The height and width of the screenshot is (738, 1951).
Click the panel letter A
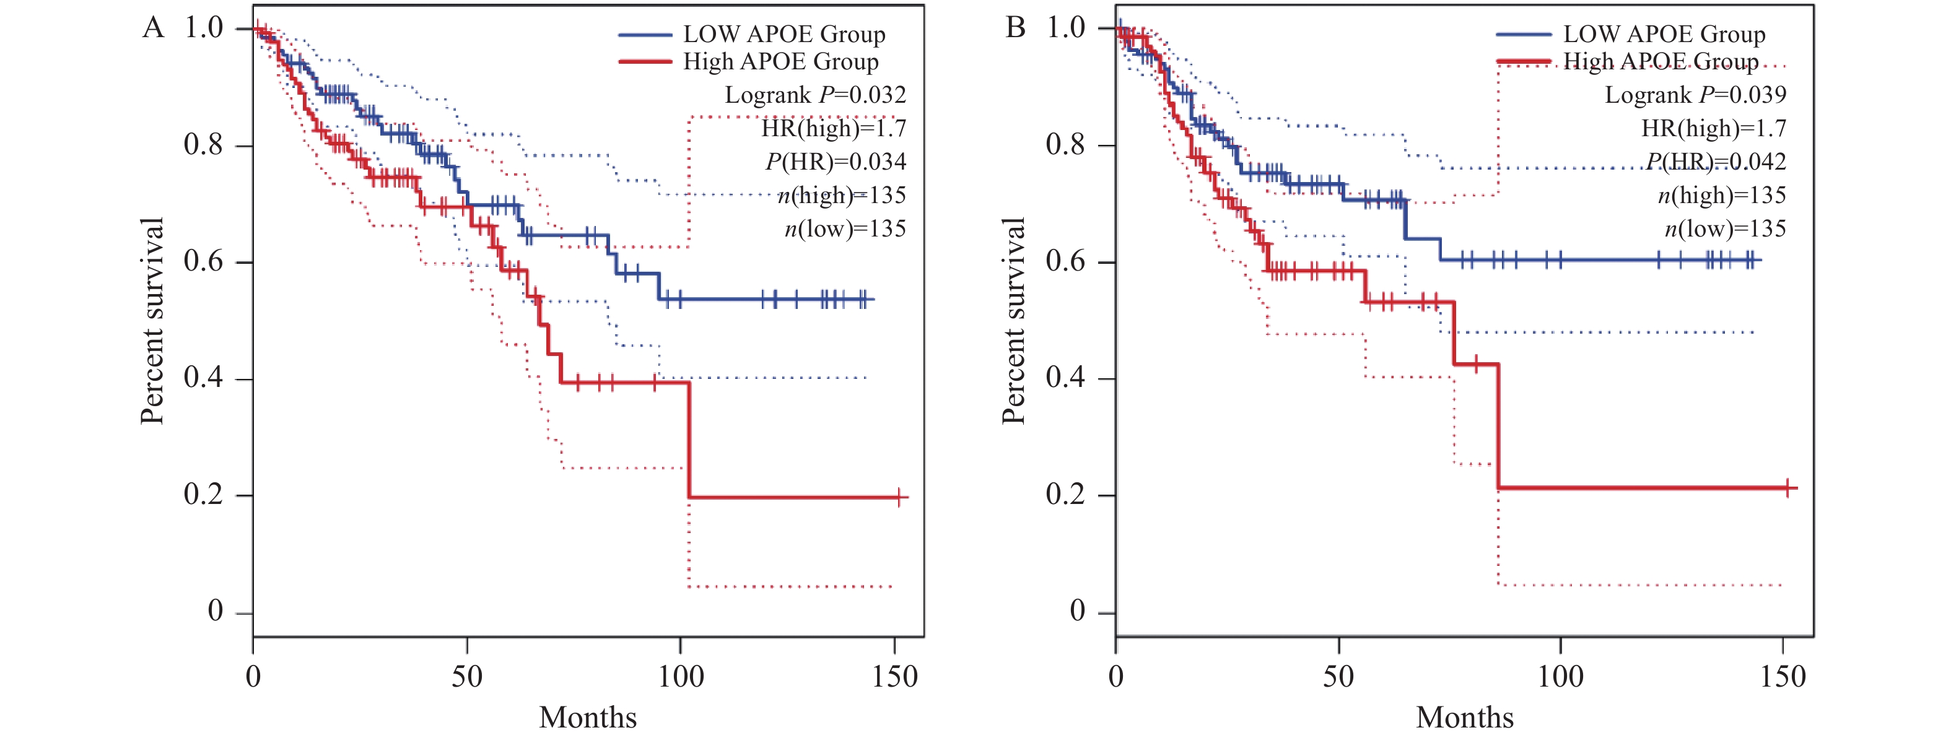pos(153,28)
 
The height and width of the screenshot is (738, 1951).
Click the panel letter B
pos(1015,28)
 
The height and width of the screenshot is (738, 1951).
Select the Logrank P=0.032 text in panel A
pos(815,95)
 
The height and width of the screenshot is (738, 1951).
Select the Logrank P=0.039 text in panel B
pos(1695,95)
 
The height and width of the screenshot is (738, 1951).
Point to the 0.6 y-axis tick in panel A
pos(203,262)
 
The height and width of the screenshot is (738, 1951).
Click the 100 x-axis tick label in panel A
pos(680,676)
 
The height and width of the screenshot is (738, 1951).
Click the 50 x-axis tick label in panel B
pos(1338,676)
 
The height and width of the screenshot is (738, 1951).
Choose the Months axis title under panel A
pos(588,717)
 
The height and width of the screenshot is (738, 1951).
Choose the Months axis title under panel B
pos(1465,717)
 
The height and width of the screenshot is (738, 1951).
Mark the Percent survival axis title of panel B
pos(1013,321)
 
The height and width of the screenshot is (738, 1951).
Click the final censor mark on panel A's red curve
pos(898,497)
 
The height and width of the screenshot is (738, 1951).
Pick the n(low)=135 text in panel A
pos(845,228)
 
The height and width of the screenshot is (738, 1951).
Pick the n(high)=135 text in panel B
pos(1721,195)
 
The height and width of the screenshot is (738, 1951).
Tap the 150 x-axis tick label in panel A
pos(894,676)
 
